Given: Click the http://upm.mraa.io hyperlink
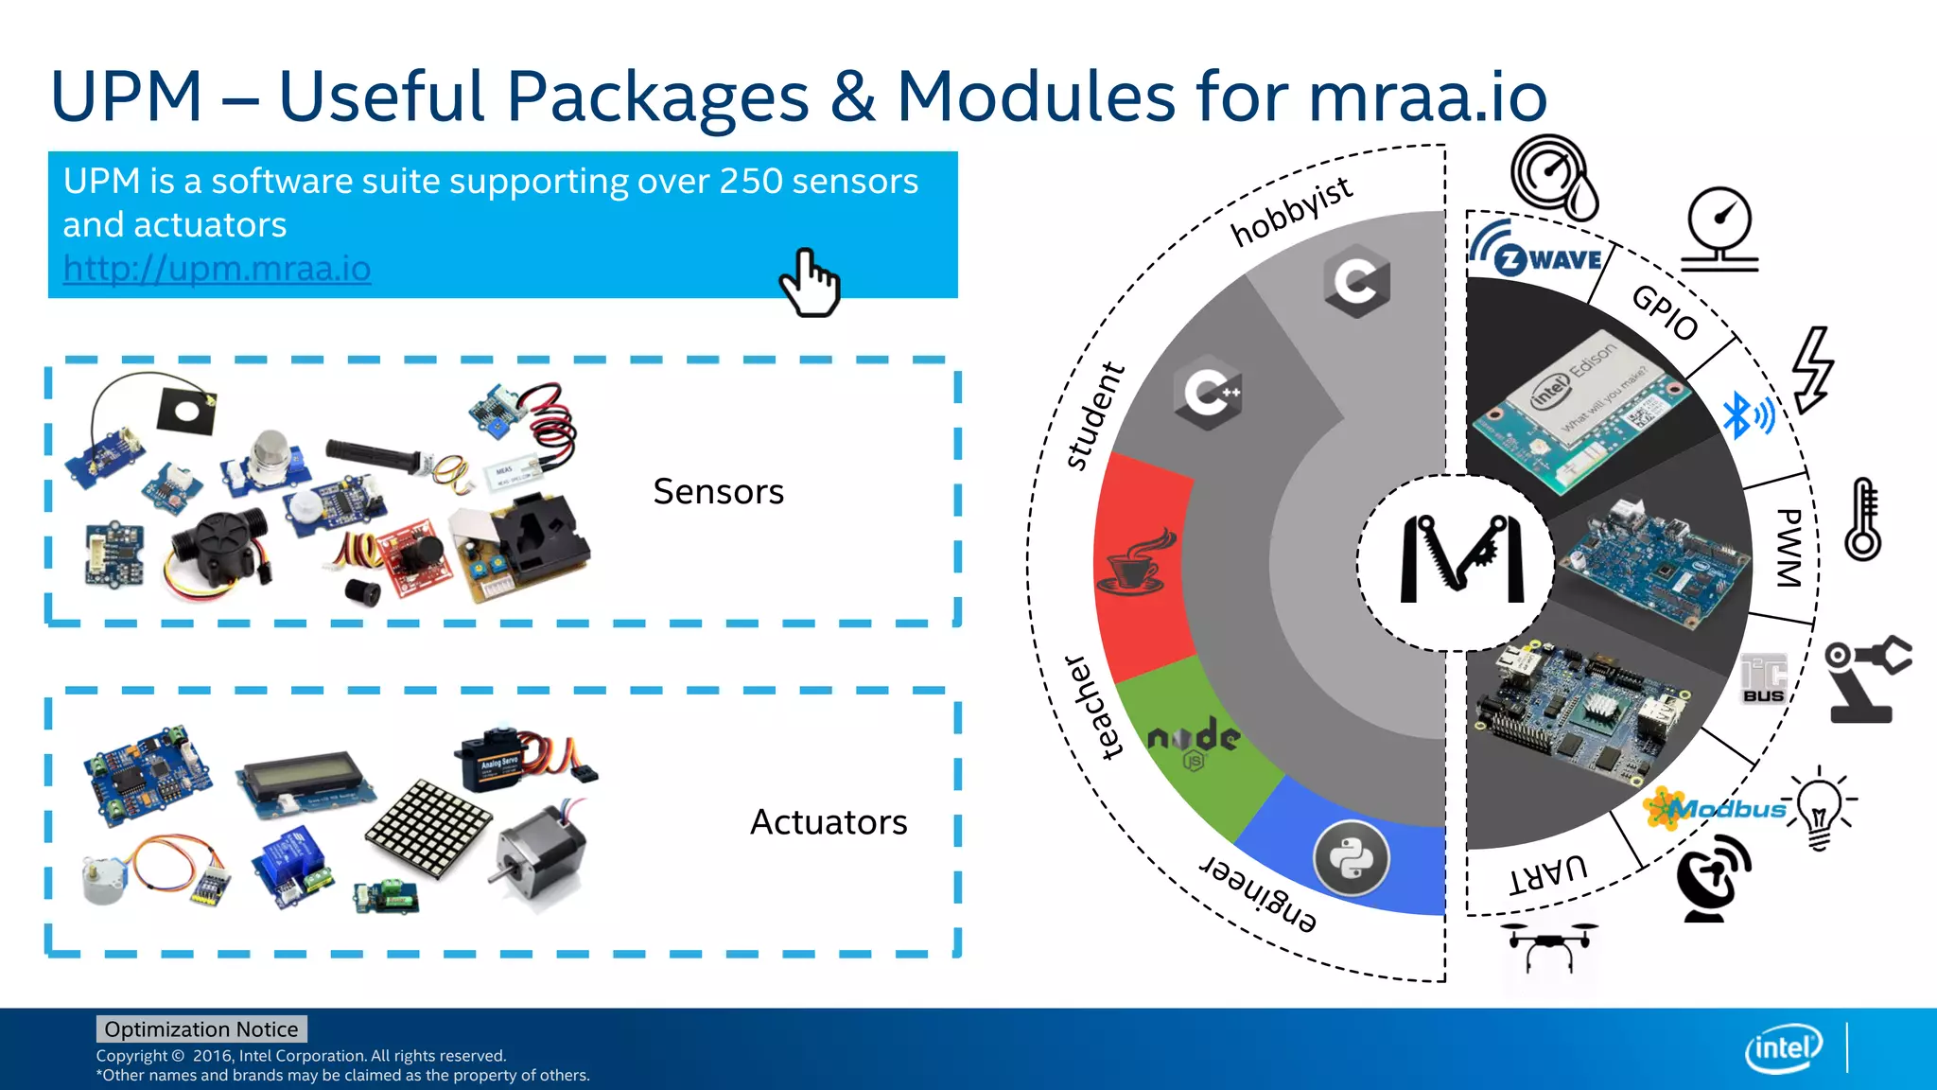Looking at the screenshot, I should pyautogui.click(x=217, y=269).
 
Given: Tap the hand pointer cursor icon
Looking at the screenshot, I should pyautogui.click(x=810, y=283).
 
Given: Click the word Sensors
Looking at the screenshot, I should pyautogui.click(x=718, y=492).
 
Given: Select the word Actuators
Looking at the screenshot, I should pyautogui.click(x=828, y=822).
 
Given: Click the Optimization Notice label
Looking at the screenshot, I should pyautogui.click(x=201, y=1029).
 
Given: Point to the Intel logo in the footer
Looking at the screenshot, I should pyautogui.click(x=1783, y=1047).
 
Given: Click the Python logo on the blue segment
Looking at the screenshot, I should pyautogui.click(x=1352, y=858).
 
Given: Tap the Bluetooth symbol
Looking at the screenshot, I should pyautogui.click(x=1746, y=414).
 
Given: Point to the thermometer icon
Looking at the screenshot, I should pyautogui.click(x=1863, y=519).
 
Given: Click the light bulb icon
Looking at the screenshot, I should pyautogui.click(x=1818, y=809).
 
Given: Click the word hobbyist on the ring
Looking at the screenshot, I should pyautogui.click(x=1291, y=212).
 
